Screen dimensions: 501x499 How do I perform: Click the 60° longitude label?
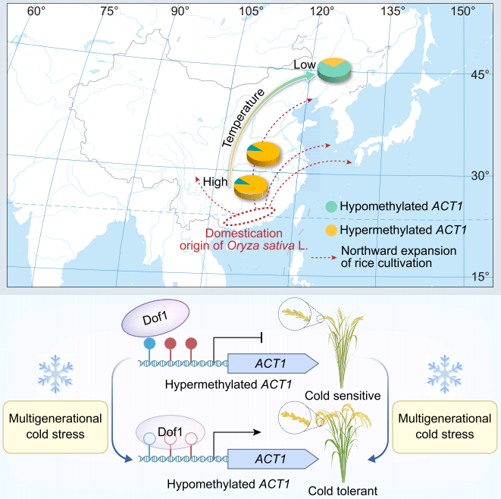pos(36,11)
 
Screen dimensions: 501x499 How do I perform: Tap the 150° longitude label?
pos(462,11)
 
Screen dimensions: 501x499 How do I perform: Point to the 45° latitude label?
pos(480,75)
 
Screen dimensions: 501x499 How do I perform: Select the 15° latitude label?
pos(481,277)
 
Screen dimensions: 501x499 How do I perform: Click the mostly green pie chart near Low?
pos(334,71)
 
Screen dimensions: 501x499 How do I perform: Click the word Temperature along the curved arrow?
pos(243,118)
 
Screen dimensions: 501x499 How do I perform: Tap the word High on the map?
pos(215,182)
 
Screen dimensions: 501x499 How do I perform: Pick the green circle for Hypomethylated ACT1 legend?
pos(331,206)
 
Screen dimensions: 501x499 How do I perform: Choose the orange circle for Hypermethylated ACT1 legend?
pos(331,230)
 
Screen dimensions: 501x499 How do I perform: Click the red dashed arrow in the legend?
pos(324,257)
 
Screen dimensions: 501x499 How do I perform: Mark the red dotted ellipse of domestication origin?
pos(249,216)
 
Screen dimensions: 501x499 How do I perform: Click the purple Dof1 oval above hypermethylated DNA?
pos(155,318)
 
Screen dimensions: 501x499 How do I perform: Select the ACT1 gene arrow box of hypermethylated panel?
pos(273,363)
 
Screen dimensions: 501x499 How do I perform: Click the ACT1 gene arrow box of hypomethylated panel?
pos(273,459)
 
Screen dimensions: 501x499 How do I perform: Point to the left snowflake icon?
pos(55,374)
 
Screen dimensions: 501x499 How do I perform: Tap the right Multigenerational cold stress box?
pos(445,427)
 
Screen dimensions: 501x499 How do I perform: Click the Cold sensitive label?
pos(343,396)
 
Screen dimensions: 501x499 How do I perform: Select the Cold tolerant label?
pos(343,491)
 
